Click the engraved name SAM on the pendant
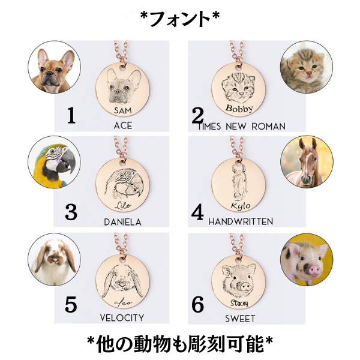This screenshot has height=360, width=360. (x=123, y=110)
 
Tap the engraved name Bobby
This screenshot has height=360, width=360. (x=239, y=108)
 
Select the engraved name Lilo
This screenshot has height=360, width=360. (x=123, y=205)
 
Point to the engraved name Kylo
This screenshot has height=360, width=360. (x=241, y=206)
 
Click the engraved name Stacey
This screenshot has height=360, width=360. (x=239, y=303)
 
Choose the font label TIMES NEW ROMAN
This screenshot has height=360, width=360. (x=242, y=127)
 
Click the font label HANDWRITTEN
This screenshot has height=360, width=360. (x=241, y=221)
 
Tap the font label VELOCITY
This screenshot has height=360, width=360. (x=122, y=318)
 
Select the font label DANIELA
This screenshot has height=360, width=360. (x=123, y=222)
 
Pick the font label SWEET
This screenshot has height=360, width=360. (x=240, y=319)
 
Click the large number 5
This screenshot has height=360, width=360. (x=71, y=304)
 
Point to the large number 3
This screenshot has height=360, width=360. (x=71, y=212)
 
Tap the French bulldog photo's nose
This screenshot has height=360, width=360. (x=49, y=74)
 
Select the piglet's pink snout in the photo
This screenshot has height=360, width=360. (x=314, y=270)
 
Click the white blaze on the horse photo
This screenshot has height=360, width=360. (x=307, y=164)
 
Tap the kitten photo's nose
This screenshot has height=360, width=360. (x=309, y=73)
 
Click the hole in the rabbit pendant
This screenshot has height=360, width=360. (x=122, y=260)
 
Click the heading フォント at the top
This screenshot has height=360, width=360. (x=180, y=19)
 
